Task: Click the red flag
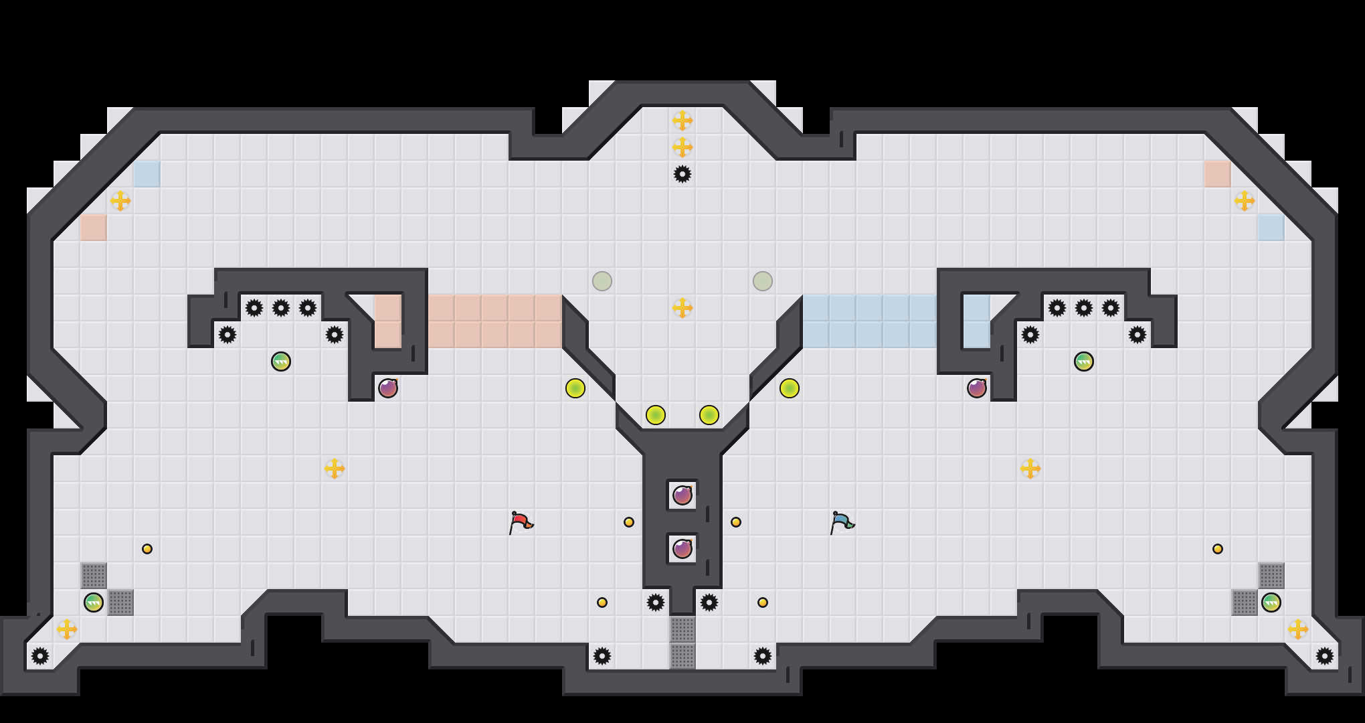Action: coord(520,521)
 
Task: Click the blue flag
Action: coord(841,521)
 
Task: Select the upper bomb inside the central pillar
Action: coord(682,495)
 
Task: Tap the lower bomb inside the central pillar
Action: coord(682,549)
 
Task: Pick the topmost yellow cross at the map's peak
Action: coord(682,120)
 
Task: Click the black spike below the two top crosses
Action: coord(682,174)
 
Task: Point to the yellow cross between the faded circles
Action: coord(682,308)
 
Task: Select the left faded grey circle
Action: coord(602,281)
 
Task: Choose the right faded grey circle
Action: coord(763,281)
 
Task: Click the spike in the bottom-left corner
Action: coord(40,656)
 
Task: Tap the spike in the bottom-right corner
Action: coord(1325,656)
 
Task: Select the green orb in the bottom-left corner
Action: coord(94,602)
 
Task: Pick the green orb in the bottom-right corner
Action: coord(1271,602)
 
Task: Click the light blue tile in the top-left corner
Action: coord(147,174)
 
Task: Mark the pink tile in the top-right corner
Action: coord(1218,174)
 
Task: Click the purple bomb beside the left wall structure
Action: coord(388,388)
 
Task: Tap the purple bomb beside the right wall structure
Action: coord(977,388)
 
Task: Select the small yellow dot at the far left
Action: coord(147,549)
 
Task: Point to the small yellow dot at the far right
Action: coord(1218,549)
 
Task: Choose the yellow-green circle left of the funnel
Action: coord(575,388)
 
